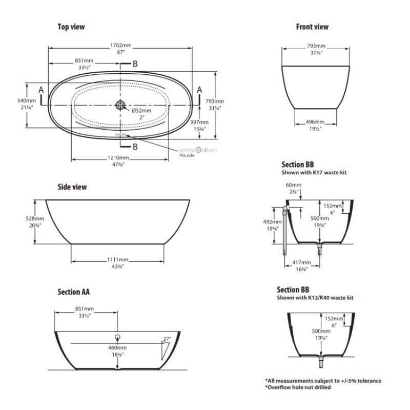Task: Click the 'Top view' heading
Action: tap(71, 26)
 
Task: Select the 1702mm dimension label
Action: tap(121, 45)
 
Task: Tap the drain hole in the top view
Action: tap(121, 105)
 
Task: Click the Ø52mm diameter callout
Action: tap(141, 111)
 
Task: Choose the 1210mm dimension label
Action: tap(121, 157)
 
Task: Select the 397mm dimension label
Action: tap(199, 122)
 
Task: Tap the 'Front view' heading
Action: tap(312, 27)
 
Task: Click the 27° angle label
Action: tap(167, 339)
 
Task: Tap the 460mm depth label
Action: tap(117, 348)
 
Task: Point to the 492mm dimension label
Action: tap(270, 221)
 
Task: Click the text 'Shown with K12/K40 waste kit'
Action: tap(315, 297)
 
